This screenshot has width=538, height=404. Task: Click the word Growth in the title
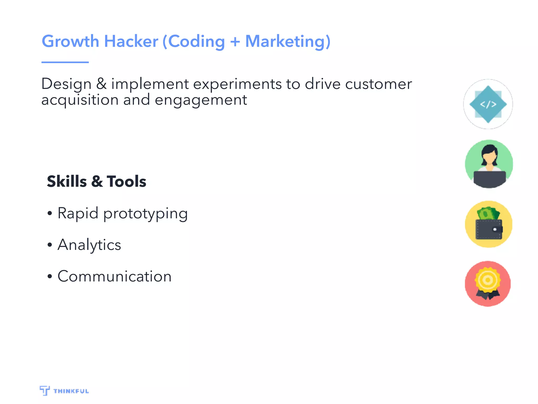70,42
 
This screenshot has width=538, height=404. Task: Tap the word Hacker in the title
131,42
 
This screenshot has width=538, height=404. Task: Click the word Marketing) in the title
288,42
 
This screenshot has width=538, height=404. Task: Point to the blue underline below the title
65,62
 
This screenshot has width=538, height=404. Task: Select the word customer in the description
378,84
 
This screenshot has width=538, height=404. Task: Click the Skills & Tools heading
96,181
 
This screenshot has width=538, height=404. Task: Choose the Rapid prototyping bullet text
122,213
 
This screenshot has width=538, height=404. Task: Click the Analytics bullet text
89,245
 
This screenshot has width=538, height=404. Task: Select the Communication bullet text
115,276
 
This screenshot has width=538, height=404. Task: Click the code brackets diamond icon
488,104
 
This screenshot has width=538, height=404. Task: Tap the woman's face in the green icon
489,157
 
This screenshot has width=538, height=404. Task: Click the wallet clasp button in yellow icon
495,229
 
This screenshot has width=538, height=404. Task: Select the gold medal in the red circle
488,280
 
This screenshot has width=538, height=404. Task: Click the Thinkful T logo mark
45,391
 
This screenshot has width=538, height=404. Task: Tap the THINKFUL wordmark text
71,391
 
